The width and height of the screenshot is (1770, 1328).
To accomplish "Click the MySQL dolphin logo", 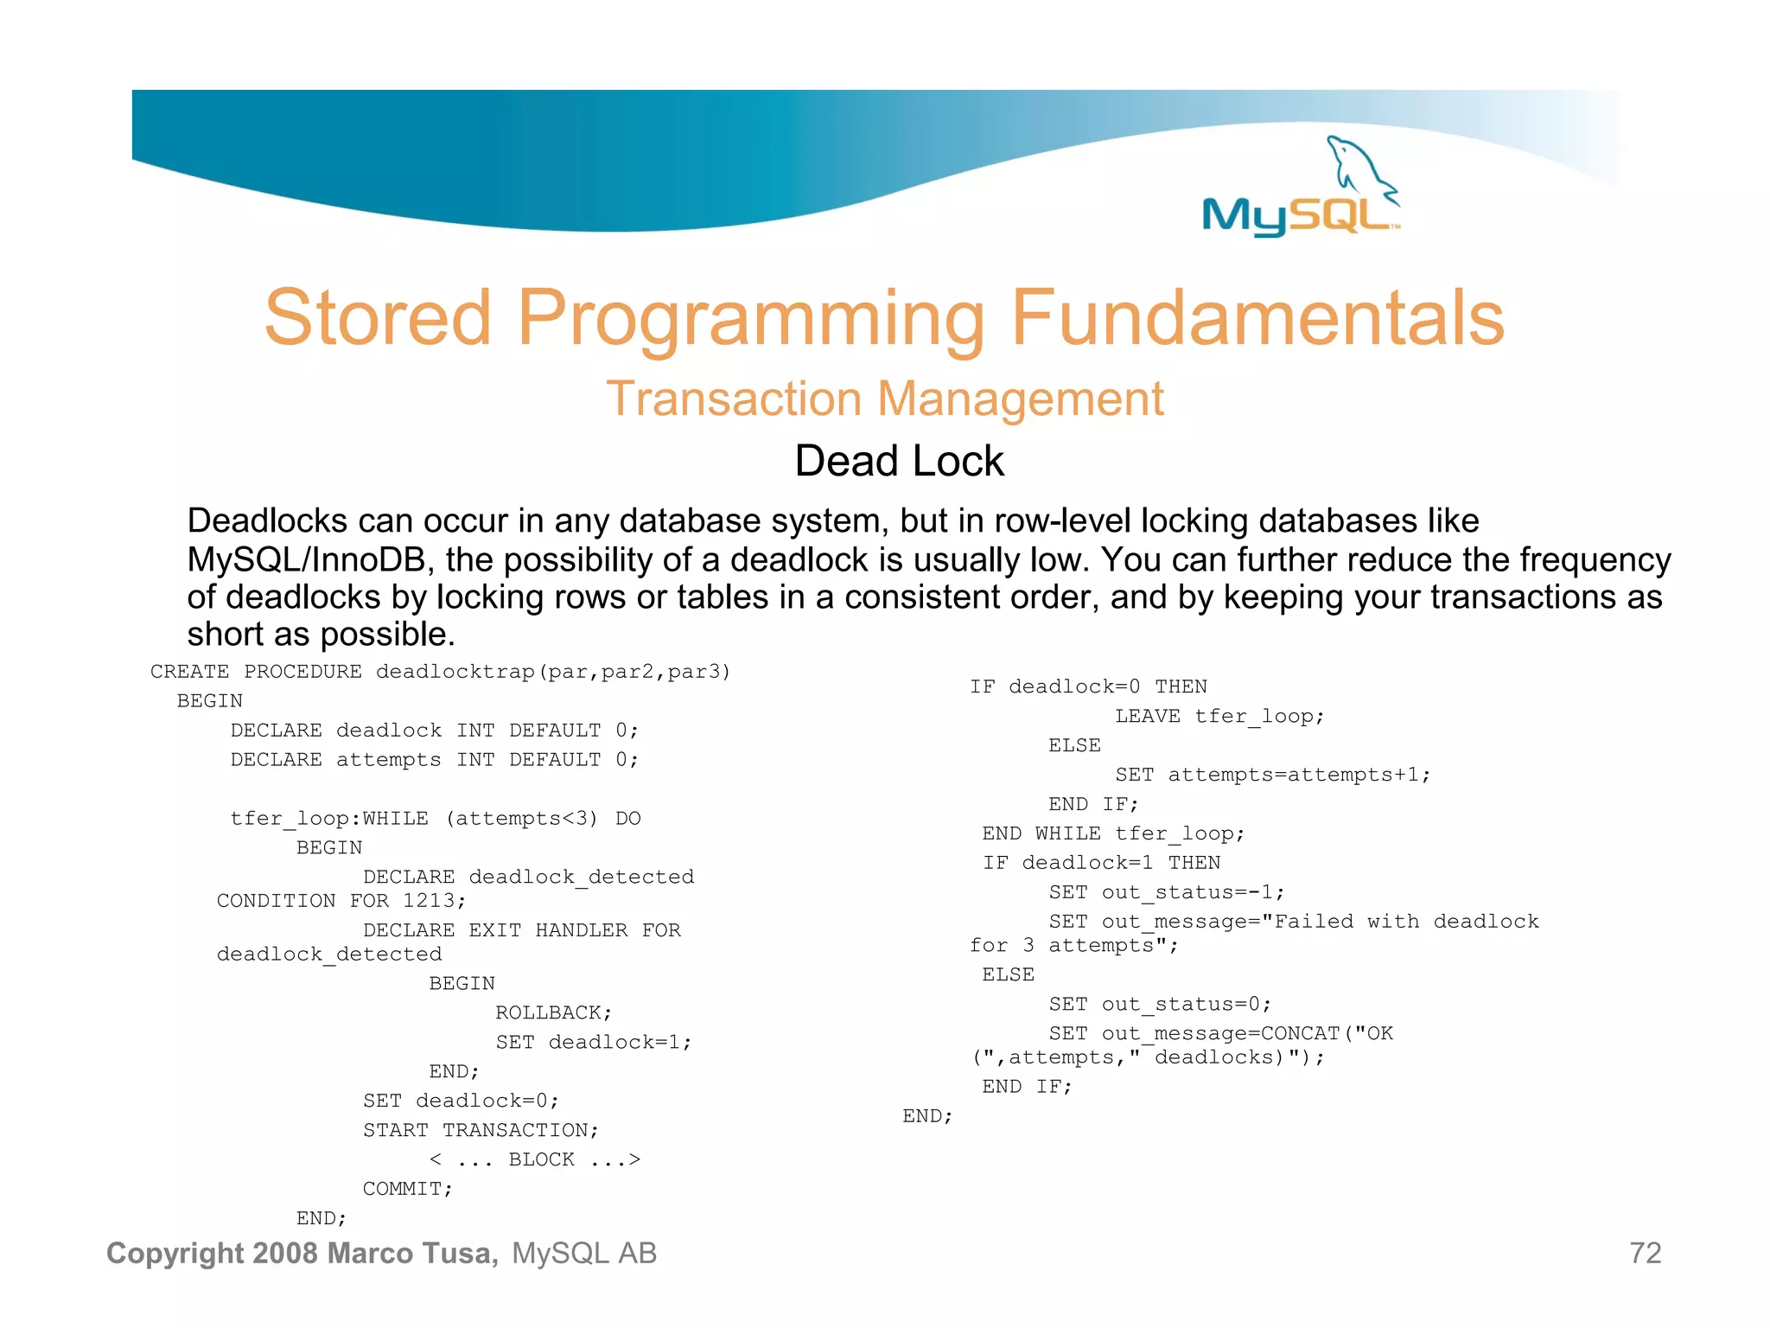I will (1302, 188).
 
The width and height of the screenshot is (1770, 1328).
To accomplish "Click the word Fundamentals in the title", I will (1257, 318).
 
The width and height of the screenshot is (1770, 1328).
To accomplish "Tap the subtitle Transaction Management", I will (884, 399).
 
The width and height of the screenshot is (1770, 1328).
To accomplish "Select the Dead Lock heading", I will (899, 461).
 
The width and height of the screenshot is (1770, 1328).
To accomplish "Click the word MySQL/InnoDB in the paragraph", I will (307, 560).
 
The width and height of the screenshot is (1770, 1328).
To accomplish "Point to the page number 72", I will (1645, 1253).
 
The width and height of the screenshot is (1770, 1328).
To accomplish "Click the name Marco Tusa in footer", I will (412, 1253).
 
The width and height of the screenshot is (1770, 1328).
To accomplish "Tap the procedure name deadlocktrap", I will (455, 672).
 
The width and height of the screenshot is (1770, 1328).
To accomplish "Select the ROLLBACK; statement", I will (553, 1012).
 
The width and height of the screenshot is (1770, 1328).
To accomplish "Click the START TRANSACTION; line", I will (481, 1130).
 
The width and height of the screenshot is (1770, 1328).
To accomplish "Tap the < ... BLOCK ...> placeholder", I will (535, 1159).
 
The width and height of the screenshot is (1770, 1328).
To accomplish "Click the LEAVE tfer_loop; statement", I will (1219, 716).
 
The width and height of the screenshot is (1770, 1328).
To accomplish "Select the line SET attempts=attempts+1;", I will (1272, 775).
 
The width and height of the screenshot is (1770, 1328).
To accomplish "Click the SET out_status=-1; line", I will (1167, 892).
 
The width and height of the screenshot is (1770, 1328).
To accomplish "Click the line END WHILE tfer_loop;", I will (1113, 833).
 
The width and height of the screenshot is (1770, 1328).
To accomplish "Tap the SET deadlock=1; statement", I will (594, 1042).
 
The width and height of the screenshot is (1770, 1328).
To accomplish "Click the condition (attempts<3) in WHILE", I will (521, 819).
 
